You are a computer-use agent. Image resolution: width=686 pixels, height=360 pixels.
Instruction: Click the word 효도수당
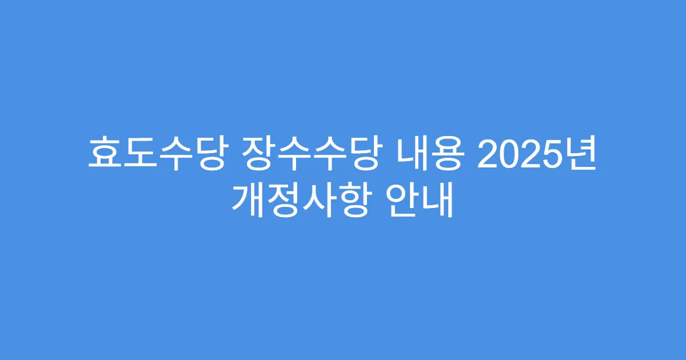tap(154, 154)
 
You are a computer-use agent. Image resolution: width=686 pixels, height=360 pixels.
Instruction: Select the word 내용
tap(428, 154)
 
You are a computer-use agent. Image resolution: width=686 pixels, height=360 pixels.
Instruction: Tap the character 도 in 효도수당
tap(138, 154)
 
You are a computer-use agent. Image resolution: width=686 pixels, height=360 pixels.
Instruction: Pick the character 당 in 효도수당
tap(204, 154)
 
